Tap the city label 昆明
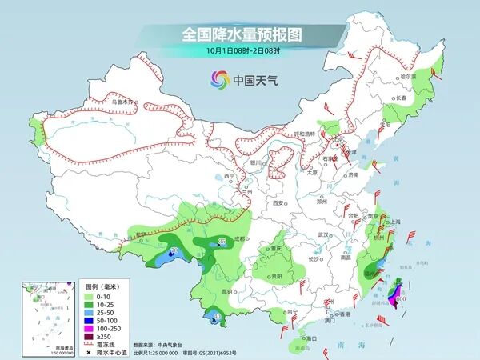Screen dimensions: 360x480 pyautogui.click(x=230, y=291)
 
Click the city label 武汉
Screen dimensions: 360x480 pyautogui.click(x=323, y=234)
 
